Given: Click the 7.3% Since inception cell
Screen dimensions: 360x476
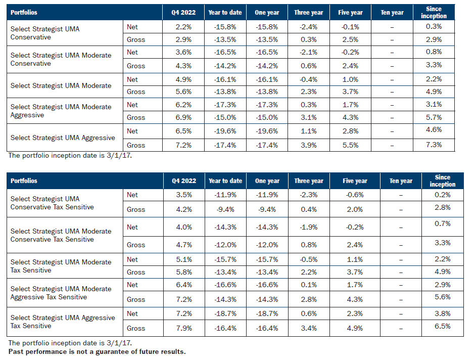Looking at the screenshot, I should coord(437,145).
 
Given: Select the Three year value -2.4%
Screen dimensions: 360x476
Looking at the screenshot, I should coord(308,27).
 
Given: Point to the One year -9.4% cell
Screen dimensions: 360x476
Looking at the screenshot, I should coord(267,209).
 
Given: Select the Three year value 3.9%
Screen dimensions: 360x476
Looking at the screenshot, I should coord(308,145).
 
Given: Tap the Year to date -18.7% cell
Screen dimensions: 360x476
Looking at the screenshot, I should coord(225,314).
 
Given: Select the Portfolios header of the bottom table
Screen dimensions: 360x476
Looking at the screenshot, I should coord(24,181).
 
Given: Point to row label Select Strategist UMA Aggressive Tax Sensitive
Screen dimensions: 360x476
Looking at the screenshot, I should coord(63,322).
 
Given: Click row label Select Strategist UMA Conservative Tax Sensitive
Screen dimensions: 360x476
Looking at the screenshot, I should coord(52,203).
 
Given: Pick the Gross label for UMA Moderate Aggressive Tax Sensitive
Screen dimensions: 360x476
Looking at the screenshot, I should coord(136,299).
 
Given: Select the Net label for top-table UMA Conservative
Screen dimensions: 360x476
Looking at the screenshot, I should coord(132,27).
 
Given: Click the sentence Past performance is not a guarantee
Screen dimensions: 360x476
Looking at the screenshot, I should coord(97,351).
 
